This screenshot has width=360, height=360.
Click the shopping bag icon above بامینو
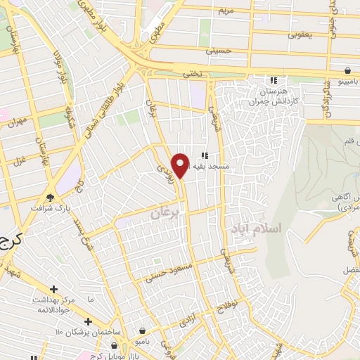click(348, 70)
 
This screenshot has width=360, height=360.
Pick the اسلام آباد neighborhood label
click(255, 229)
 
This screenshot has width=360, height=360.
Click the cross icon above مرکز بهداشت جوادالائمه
click(53, 289)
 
